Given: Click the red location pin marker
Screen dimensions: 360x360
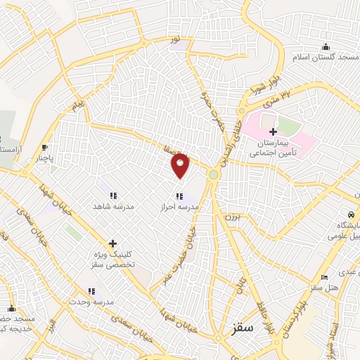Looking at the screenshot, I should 181,165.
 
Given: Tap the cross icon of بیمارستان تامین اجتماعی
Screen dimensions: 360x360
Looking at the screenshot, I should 274,131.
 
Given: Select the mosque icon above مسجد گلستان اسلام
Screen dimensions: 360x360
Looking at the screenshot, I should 326,46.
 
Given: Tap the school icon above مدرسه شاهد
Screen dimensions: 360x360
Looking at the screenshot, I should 112,195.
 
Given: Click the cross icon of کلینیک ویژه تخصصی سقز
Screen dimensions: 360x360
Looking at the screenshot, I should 112,243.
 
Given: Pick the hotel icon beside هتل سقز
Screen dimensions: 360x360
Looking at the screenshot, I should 323,277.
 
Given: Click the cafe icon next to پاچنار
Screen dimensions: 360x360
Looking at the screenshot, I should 45,148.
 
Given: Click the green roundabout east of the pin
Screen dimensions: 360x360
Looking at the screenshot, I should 213,174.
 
